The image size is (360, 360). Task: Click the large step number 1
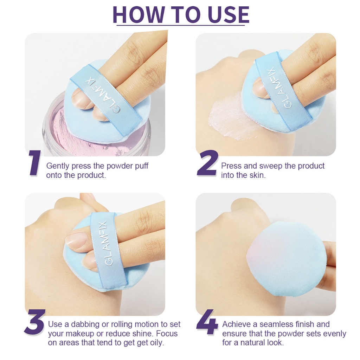point(35,163)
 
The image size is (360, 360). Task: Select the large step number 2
point(207,163)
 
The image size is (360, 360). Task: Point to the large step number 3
point(34,322)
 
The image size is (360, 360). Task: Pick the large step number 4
point(207,322)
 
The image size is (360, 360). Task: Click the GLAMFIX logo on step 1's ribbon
point(102,95)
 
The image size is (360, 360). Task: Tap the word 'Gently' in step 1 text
point(58,166)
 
